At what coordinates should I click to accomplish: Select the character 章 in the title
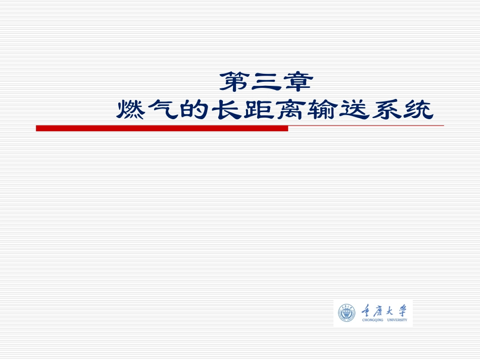(x=299, y=82)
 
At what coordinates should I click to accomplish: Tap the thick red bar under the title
(x=162, y=129)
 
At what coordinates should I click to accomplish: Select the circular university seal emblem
(x=347, y=313)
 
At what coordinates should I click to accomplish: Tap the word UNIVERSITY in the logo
(x=397, y=320)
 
